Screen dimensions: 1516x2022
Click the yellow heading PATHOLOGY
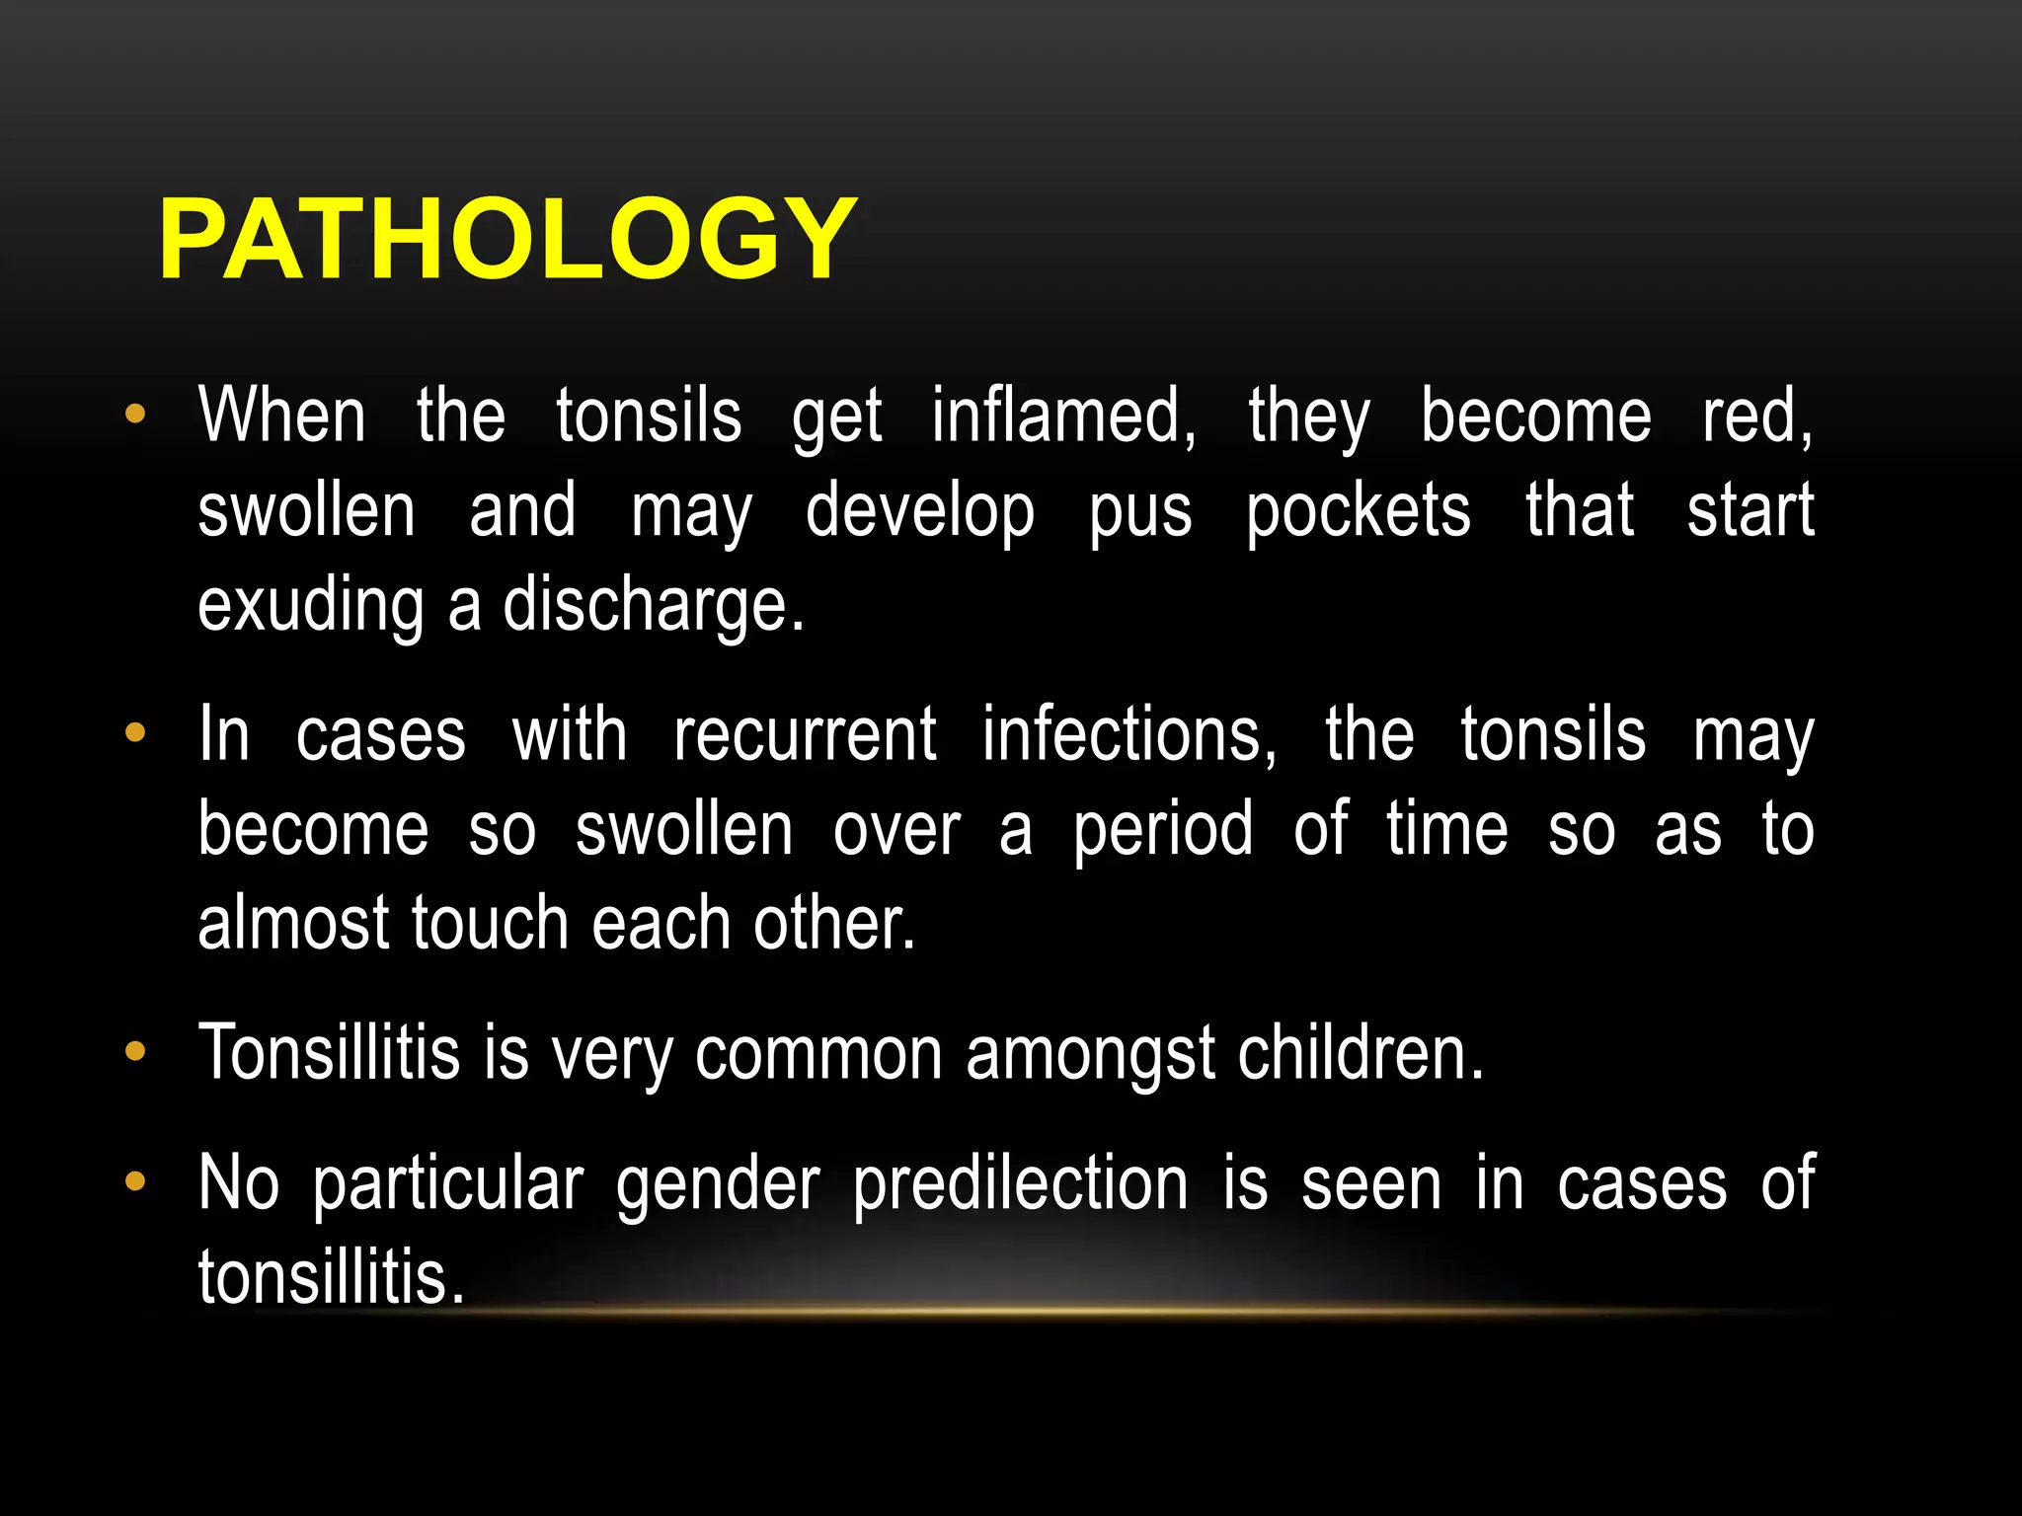point(506,240)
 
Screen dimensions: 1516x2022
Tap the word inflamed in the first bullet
point(1063,417)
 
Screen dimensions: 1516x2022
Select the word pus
point(1140,511)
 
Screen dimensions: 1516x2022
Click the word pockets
point(1358,511)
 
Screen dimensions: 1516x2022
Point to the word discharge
point(654,605)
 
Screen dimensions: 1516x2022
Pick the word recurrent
point(805,735)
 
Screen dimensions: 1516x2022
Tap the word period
point(1163,830)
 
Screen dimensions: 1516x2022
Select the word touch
point(490,924)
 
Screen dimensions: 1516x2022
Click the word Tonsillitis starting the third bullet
point(329,1053)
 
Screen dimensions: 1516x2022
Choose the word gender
point(718,1183)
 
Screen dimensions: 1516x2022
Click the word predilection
point(1021,1183)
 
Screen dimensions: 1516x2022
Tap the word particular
point(448,1183)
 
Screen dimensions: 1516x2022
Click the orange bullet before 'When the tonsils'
point(135,414)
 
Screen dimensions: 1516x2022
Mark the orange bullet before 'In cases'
point(135,732)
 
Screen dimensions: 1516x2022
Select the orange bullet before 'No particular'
point(135,1180)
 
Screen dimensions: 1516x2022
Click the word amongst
point(1090,1053)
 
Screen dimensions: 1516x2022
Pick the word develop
point(920,511)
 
